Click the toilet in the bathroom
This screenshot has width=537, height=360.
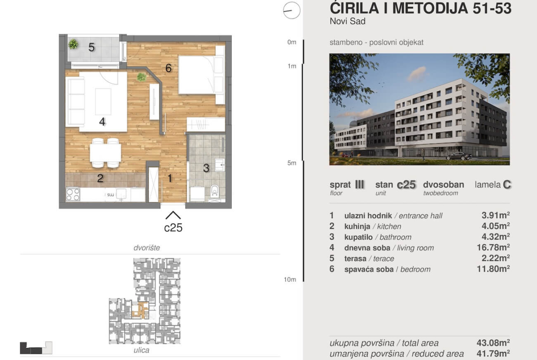[214, 191]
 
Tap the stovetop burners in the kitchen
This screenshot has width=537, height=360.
[73, 194]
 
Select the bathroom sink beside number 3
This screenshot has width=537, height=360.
[219, 165]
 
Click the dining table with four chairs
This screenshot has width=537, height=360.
[105, 153]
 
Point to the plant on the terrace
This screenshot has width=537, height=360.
[73, 44]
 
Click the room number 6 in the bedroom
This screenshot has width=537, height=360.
[168, 68]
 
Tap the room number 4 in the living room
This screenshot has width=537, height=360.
[102, 122]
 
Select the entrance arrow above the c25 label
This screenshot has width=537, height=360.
[173, 215]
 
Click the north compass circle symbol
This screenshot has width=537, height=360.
[292, 10]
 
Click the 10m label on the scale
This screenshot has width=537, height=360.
[290, 280]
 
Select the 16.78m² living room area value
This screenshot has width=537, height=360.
[493, 247]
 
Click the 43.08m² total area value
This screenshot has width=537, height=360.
[493, 343]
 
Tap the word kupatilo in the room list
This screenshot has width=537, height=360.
[358, 237]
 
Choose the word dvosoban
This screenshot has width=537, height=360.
[443, 185]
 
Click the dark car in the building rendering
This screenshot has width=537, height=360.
[459, 156]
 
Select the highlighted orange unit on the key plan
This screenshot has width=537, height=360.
[140, 311]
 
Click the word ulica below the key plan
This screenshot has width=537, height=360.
[141, 350]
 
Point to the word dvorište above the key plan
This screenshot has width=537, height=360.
[146, 248]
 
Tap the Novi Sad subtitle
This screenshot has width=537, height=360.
[347, 21]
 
